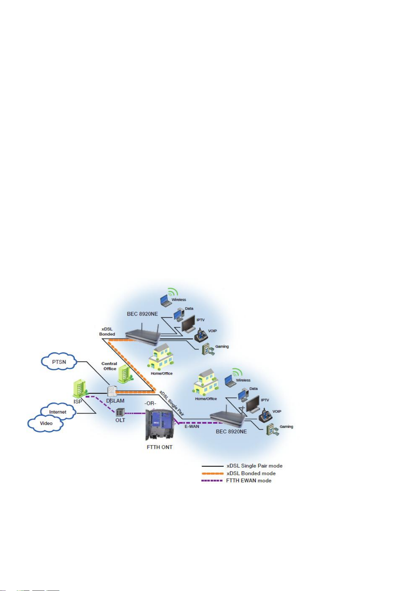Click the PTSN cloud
click(59, 362)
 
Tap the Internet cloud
click(58, 411)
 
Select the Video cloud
click(46, 423)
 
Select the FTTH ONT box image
click(159, 424)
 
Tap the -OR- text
click(150, 403)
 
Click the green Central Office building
click(125, 374)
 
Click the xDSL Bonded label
click(107, 331)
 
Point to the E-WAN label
click(192, 427)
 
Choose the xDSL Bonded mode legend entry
click(239, 474)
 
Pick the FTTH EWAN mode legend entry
click(236, 481)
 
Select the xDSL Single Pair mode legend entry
click(242, 466)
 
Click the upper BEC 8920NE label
click(142, 314)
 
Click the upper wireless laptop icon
click(166, 301)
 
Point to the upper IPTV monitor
click(188, 324)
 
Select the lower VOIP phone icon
click(265, 415)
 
